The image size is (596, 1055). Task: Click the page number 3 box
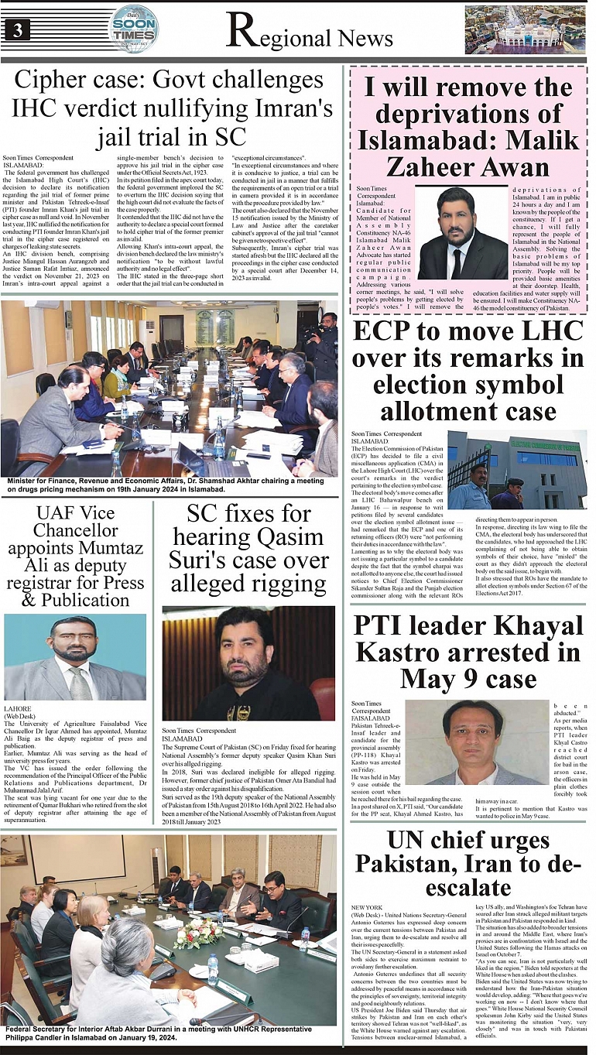click(16, 30)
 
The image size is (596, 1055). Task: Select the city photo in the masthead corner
click(526, 29)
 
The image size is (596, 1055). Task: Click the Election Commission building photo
click(516, 469)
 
